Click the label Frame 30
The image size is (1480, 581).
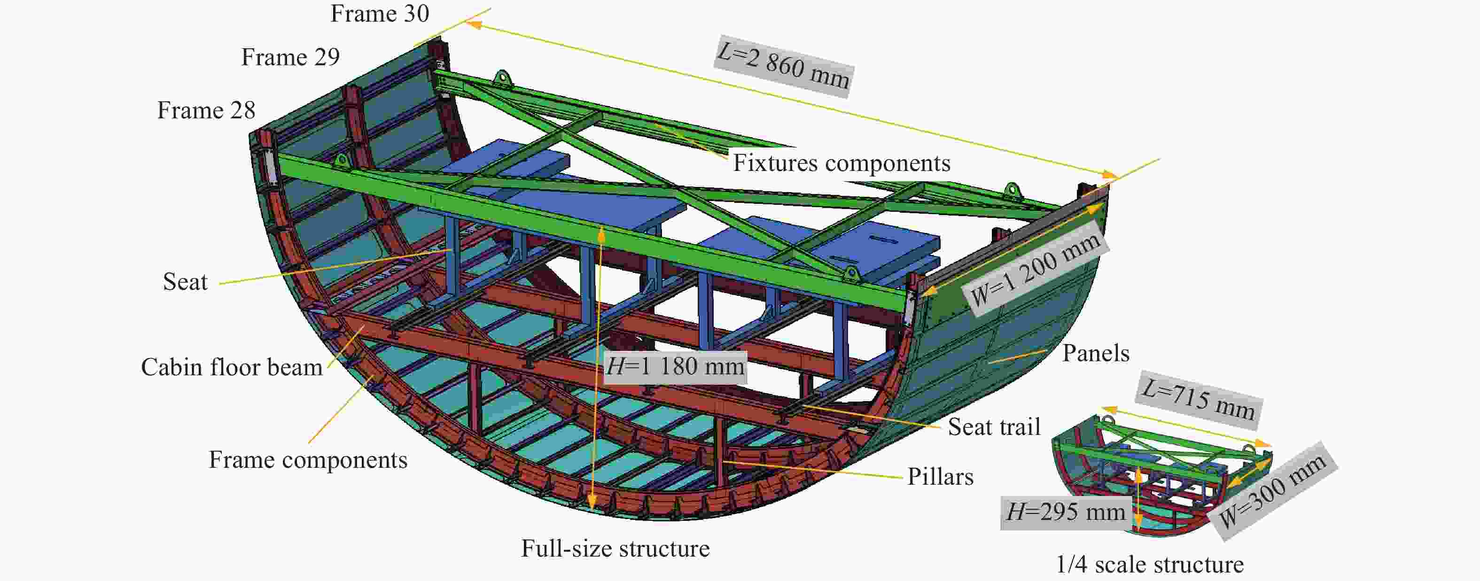(380, 14)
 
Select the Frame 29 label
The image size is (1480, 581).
(290, 57)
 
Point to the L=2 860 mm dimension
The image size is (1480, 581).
(784, 67)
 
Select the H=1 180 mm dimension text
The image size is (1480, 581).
(675, 366)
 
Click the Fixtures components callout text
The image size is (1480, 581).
(841, 163)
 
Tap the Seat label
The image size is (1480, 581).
(185, 282)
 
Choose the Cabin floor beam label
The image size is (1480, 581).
(232, 367)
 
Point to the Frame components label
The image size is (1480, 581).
(308, 460)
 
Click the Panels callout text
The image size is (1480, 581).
(1096, 354)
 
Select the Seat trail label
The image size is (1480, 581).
(994, 427)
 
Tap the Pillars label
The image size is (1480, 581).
(941, 477)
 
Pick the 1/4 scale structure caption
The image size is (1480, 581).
(1150, 565)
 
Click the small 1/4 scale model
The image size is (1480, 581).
(1161, 477)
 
